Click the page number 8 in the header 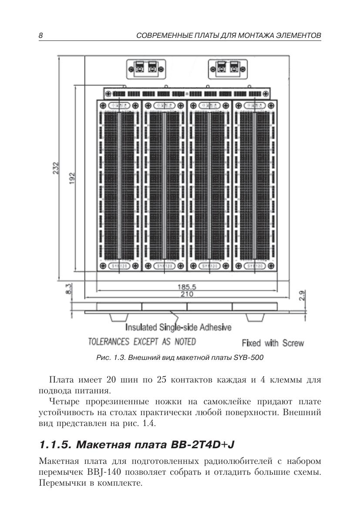(x=40, y=35)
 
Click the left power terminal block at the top (x=146, y=68)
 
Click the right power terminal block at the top (x=228, y=68)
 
